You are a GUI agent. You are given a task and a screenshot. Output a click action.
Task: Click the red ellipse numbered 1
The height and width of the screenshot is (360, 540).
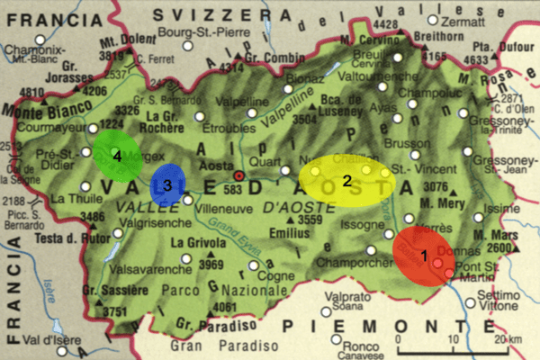[423, 256]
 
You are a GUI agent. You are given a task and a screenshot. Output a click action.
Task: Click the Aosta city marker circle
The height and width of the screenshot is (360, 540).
[238, 175]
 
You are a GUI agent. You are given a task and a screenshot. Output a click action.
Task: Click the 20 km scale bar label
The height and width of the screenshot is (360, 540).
[507, 339]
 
